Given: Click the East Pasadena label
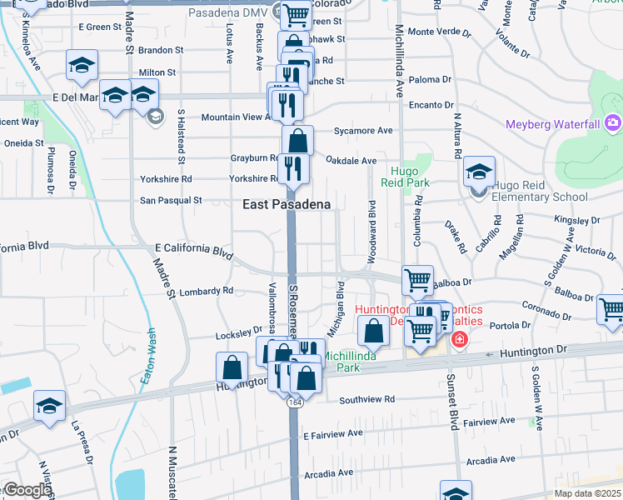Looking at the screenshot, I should (x=287, y=204).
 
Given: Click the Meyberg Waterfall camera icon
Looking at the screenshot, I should (x=613, y=124).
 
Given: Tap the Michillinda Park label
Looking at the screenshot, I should (x=353, y=361).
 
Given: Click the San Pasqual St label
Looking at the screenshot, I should (x=171, y=200).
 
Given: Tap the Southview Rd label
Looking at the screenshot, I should (x=366, y=399).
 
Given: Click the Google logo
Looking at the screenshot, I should (x=27, y=490).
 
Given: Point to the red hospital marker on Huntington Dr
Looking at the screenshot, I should (x=458, y=339).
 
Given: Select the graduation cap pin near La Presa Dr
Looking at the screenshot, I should (x=49, y=407).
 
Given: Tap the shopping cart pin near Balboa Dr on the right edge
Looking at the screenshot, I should (x=611, y=309).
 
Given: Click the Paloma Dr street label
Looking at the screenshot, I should (x=431, y=80).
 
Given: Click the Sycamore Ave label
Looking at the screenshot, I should (x=362, y=131).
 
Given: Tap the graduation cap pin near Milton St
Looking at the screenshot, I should (x=82, y=66).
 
